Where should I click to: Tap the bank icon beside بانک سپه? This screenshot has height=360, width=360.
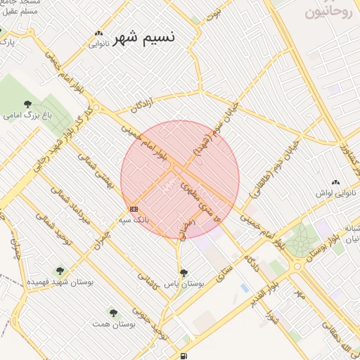tap(134, 209)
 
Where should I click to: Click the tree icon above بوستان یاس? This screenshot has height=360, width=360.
tap(184, 273)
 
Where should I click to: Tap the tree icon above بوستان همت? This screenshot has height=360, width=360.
tap(112, 312)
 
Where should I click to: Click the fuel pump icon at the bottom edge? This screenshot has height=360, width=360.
tap(184, 356)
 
